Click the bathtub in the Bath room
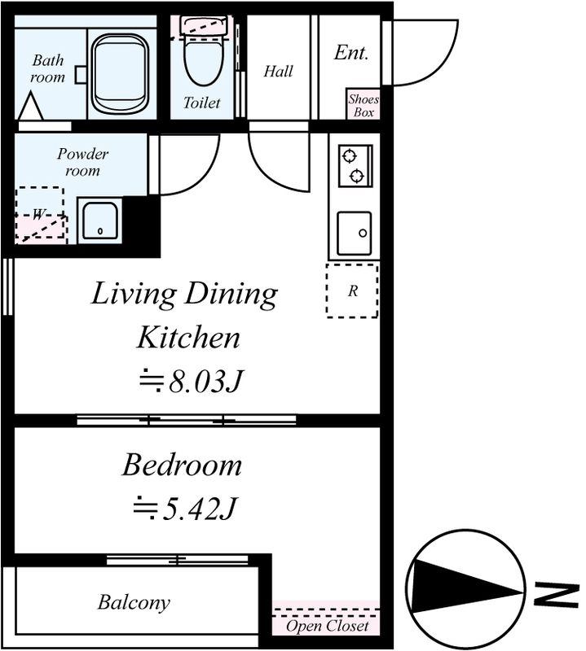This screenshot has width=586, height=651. pos(119,74)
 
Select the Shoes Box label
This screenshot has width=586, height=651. pos(363,106)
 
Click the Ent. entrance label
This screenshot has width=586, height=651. pos(351,53)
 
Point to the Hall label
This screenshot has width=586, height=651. pos(278,72)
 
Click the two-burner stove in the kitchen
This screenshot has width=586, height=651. pos(355,166)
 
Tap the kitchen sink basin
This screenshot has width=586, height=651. pos(355,234)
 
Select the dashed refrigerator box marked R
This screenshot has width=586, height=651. pos(352,291)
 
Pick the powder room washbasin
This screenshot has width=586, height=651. pos(99,221)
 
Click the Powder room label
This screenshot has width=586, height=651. pos(82,162)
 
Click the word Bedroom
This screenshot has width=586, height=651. pos(182,465)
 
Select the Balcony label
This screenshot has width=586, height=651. pos(134,603)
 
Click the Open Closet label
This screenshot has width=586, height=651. pos(328,626)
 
